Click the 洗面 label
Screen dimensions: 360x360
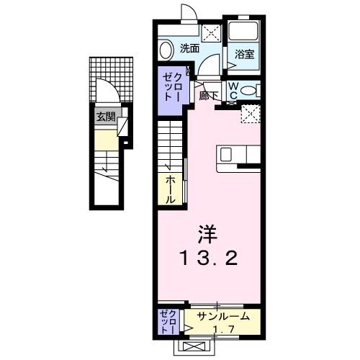click(x=190, y=50)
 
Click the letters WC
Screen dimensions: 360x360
click(x=233, y=91)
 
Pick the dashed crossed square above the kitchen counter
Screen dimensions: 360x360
click(x=251, y=113)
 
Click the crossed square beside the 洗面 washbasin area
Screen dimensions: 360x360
click(x=211, y=32)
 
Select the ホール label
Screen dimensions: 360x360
click(x=171, y=187)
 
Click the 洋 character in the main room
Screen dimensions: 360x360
click(x=206, y=235)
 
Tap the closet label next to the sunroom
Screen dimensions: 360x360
click(x=166, y=322)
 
